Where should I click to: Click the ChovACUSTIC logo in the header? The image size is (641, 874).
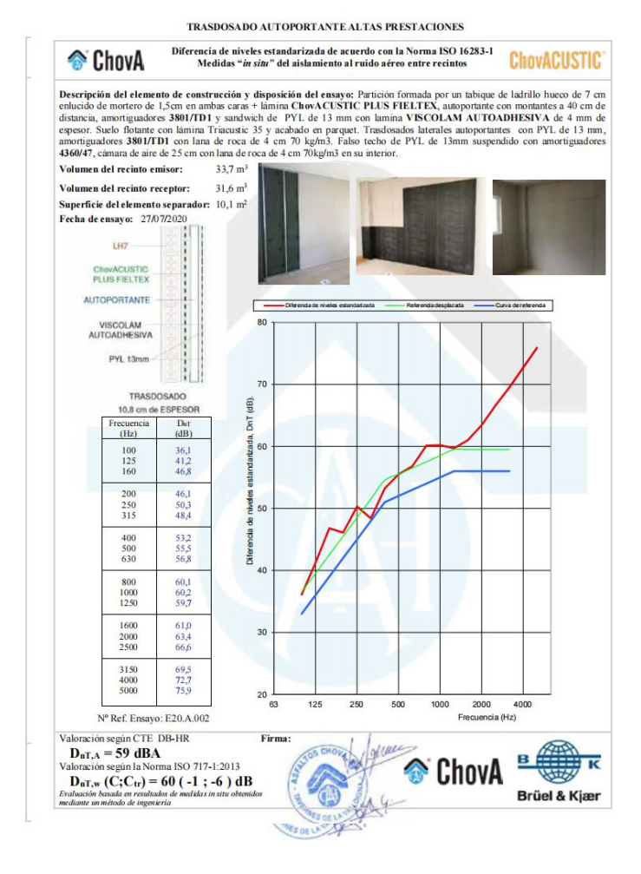pos(556,61)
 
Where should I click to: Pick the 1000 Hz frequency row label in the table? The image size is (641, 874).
pos(129,591)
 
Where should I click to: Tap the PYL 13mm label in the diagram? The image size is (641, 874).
pos(128,358)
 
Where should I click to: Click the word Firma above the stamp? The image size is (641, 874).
pos(276,739)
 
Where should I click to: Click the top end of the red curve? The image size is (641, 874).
pos(537,348)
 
